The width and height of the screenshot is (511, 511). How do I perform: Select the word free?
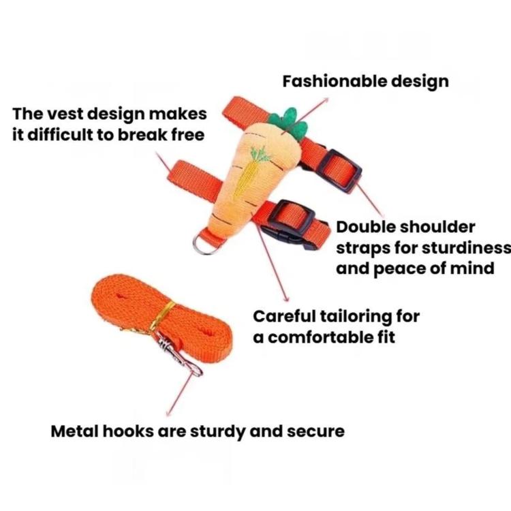[x=188, y=135]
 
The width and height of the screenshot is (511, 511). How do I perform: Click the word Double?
[x=362, y=227]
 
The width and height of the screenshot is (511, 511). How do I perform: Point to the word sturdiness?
[x=466, y=248]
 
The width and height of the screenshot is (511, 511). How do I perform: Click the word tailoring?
[x=356, y=317]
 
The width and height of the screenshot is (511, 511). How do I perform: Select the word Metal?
[x=75, y=431]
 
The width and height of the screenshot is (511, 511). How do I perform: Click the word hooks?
[x=128, y=431]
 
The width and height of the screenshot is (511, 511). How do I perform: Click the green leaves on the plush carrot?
[x=290, y=123]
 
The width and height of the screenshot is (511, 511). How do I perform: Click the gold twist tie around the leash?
[x=162, y=315]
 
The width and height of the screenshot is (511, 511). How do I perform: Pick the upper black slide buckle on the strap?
[x=339, y=170]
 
